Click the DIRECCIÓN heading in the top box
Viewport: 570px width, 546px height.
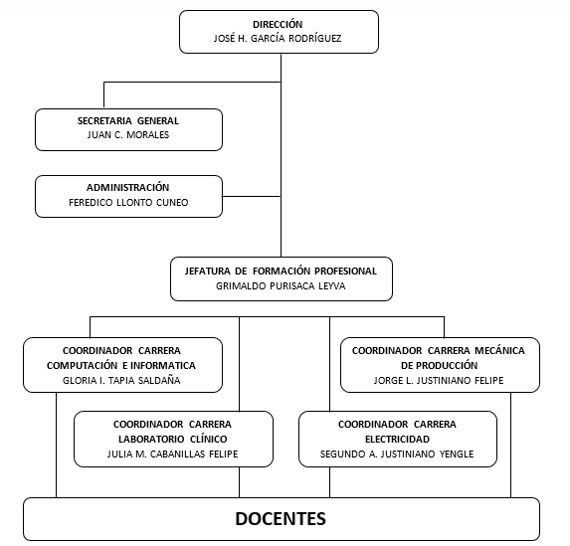pyautogui.click(x=279, y=24)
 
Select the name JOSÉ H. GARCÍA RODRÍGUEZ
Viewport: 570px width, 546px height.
pyautogui.click(x=279, y=40)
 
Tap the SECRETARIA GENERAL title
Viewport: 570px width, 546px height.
pyautogui.click(x=128, y=120)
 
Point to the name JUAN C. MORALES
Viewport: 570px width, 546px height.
pyautogui.click(x=128, y=136)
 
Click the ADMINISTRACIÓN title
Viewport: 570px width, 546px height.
pyautogui.click(x=128, y=187)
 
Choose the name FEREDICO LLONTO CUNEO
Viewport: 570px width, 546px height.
pyautogui.click(x=128, y=203)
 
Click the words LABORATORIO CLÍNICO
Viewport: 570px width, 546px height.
pyautogui.click(x=173, y=439)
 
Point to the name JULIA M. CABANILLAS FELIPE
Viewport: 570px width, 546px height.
pyautogui.click(x=173, y=455)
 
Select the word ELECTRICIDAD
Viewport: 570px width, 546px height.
pyautogui.click(x=397, y=439)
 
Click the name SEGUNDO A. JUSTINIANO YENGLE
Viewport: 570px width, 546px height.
pyautogui.click(x=397, y=455)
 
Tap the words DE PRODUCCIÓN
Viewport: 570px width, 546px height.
pyautogui.click(x=439, y=365)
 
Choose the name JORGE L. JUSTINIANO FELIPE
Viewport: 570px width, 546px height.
pyautogui.click(x=439, y=381)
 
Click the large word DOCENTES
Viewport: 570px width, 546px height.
pyautogui.click(x=281, y=518)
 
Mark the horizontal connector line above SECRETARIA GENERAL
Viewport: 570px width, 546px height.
pyautogui.click(x=189, y=82)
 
